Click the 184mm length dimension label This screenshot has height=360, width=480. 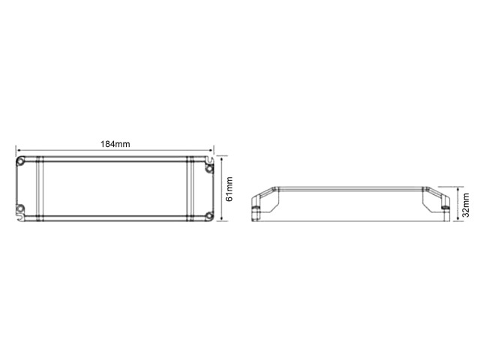coord(115,144)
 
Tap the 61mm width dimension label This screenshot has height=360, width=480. coord(229,189)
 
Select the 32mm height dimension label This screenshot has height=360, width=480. coord(465,205)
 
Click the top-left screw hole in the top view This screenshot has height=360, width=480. coord(20,161)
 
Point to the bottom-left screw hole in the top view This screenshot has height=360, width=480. coord(20,208)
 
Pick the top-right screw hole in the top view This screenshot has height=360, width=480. coord(209,169)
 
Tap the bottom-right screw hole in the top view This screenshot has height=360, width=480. coord(209,215)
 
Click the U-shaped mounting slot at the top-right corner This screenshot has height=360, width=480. coord(209,160)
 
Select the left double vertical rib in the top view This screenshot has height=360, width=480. coord(40,188)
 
